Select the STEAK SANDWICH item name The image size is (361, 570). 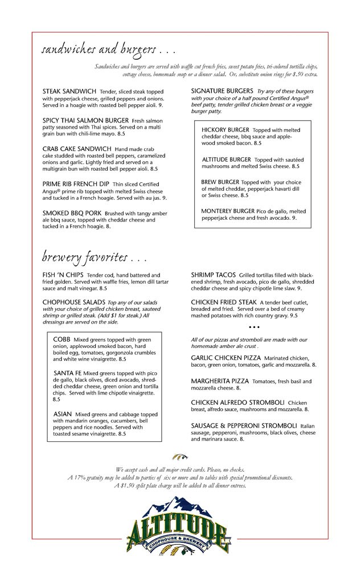[69, 91]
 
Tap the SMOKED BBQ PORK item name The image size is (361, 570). [72, 213]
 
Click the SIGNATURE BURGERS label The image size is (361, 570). [222, 91]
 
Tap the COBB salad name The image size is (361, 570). [61, 339]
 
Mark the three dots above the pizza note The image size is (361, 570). [254, 327]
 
